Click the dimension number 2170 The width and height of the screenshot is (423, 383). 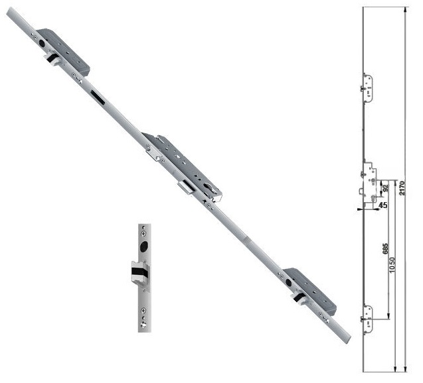(x=402, y=188)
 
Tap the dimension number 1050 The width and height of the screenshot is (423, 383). (x=392, y=264)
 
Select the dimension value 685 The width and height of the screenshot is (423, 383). (x=385, y=249)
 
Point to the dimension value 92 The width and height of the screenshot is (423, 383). (x=385, y=188)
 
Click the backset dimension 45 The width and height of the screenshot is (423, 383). (x=382, y=205)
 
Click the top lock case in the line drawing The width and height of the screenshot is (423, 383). (x=367, y=87)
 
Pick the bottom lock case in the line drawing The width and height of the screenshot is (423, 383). (x=367, y=319)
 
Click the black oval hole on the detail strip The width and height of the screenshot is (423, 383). (x=144, y=246)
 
